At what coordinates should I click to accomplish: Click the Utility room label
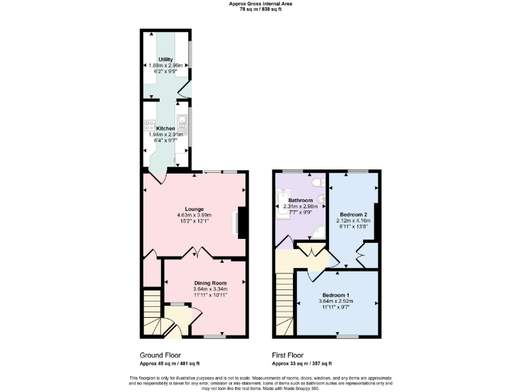(166, 59)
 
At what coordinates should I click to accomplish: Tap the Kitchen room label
(166, 128)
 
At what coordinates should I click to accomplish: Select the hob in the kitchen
(150, 125)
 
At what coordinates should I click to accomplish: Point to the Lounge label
(194, 209)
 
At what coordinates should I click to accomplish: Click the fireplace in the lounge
(240, 223)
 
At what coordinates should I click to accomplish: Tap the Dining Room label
(210, 282)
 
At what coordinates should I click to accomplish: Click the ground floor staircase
(152, 313)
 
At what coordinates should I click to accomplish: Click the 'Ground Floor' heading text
(161, 355)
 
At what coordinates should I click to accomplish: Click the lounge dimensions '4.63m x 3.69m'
(194, 215)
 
